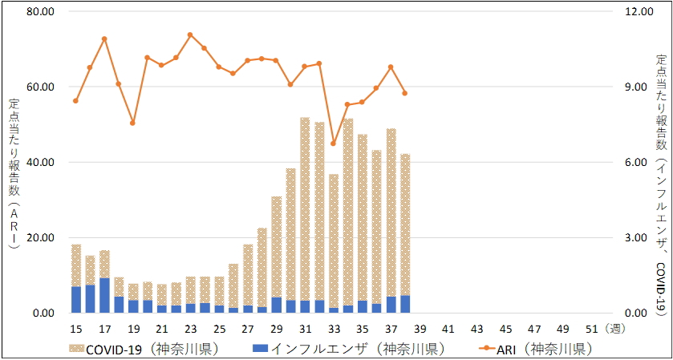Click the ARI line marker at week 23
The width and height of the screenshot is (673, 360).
point(190,35)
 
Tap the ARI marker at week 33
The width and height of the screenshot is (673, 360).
point(334,144)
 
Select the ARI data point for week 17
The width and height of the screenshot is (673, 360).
point(104,38)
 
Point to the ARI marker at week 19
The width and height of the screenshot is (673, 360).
point(133,123)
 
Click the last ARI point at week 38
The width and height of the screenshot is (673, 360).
point(405,93)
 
